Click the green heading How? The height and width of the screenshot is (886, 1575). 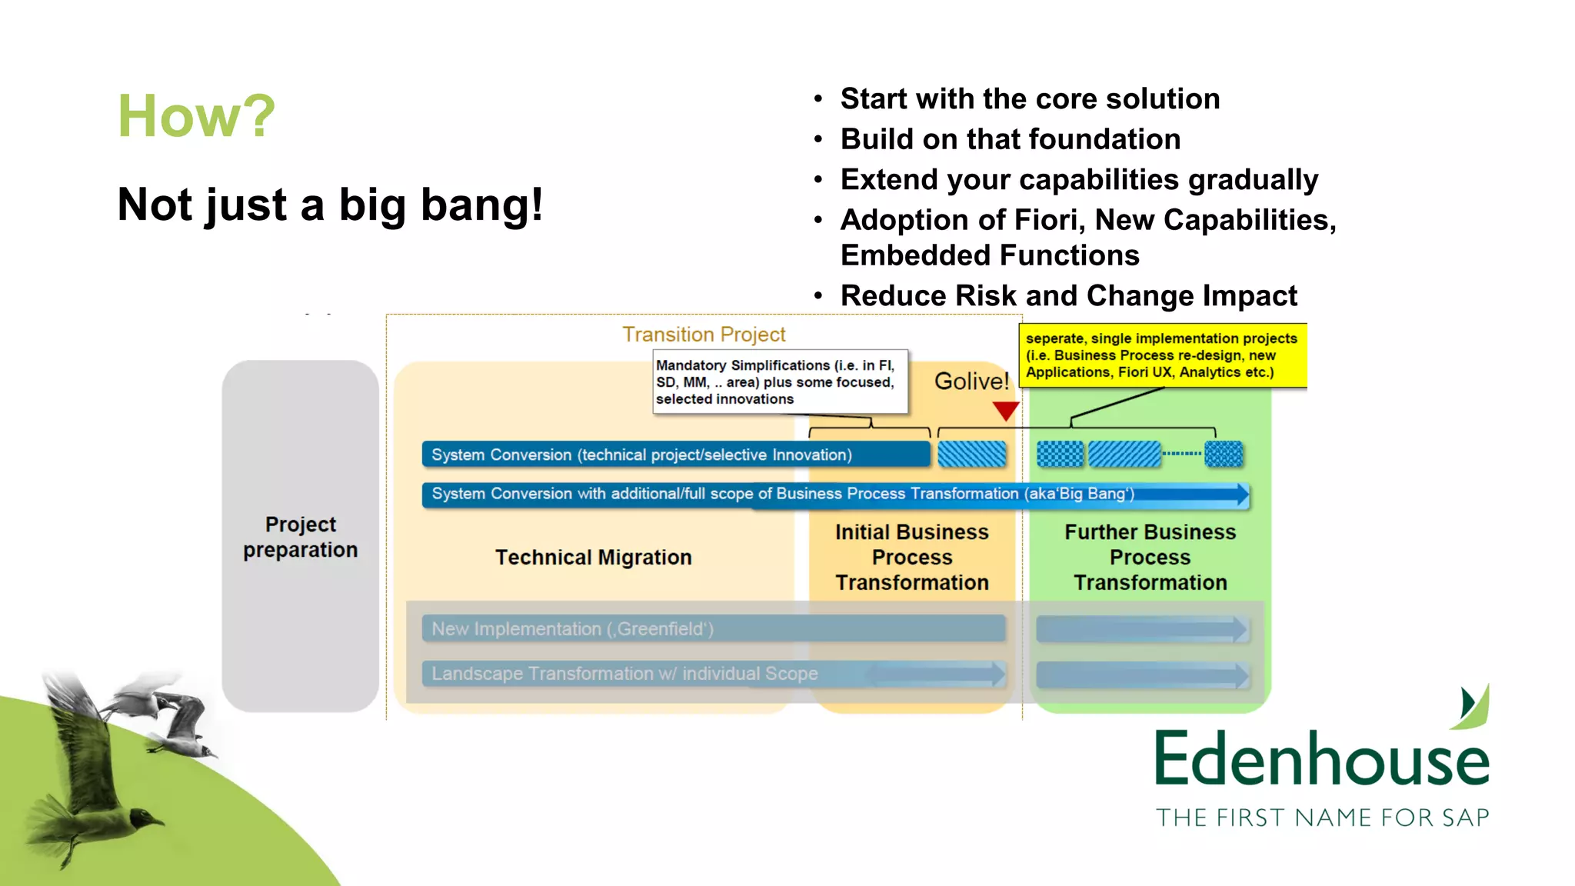click(x=196, y=116)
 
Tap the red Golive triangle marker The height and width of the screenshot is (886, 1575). click(x=1005, y=411)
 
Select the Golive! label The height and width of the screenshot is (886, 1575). click(x=971, y=381)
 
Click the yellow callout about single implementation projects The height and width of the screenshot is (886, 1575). click(x=1162, y=355)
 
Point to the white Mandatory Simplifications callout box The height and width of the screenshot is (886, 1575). click(x=779, y=382)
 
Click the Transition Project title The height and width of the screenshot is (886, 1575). click(x=703, y=335)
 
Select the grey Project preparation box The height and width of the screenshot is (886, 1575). click(x=301, y=537)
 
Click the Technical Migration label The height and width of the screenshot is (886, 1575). click(x=593, y=558)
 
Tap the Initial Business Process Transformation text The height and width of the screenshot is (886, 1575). click(x=912, y=558)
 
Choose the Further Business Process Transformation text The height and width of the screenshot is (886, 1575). click(x=1150, y=558)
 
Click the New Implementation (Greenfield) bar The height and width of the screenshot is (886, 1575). click(x=713, y=629)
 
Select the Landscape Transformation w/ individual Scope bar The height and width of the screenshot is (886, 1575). click(x=713, y=674)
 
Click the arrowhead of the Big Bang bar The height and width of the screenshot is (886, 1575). click(x=1241, y=495)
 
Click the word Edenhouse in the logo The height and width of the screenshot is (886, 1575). click(x=1321, y=759)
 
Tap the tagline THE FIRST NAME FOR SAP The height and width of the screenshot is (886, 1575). click(x=1322, y=818)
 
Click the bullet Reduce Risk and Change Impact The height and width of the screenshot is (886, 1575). click(x=1068, y=296)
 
